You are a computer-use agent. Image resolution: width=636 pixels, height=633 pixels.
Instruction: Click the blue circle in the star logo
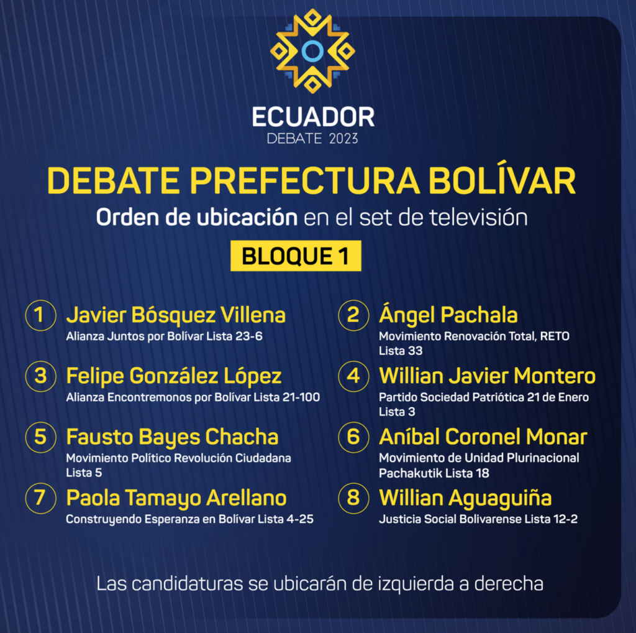tap(312, 51)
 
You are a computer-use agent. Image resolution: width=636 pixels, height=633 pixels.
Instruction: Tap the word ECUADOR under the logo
tap(313, 117)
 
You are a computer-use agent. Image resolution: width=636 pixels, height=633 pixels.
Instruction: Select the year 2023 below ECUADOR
tap(343, 139)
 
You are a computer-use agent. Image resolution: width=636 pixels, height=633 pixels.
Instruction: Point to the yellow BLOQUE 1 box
tap(296, 256)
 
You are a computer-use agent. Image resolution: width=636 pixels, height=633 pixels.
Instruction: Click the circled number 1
tap(40, 315)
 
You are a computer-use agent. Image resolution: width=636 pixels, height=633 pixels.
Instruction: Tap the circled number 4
tap(353, 376)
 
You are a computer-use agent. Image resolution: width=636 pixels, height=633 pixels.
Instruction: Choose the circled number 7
tap(40, 498)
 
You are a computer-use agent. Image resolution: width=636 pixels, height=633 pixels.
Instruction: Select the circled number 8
tap(353, 498)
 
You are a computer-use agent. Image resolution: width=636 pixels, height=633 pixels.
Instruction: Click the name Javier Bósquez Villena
tap(176, 315)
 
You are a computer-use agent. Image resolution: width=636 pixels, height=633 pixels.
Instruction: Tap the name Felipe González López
tap(174, 376)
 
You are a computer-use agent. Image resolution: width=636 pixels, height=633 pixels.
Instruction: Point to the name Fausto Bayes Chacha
tap(173, 437)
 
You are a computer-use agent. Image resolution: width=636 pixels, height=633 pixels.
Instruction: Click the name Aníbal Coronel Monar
tap(483, 437)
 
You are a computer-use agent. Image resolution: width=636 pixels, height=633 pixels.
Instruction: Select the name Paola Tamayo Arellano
tap(176, 498)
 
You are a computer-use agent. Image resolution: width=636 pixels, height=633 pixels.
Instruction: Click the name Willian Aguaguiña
tap(465, 498)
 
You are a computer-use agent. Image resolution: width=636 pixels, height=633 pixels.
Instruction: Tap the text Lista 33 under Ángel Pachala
tap(401, 351)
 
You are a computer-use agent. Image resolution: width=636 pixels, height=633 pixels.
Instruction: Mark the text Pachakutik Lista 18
tap(434, 473)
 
